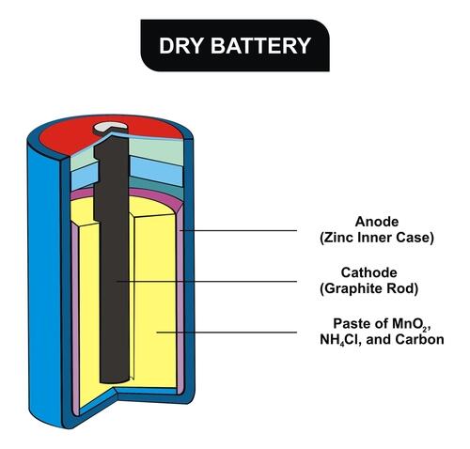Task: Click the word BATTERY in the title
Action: [x=260, y=46]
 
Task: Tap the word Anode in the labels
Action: [x=377, y=222]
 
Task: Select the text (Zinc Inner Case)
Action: [x=377, y=238]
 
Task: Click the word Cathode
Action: [x=369, y=272]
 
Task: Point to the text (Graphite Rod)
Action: [x=369, y=288]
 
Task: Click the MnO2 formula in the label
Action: [x=410, y=324]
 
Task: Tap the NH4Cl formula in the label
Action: [x=340, y=340]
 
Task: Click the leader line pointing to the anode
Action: [x=239, y=231]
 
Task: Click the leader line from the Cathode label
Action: [x=207, y=282]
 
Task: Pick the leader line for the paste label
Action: [x=227, y=333]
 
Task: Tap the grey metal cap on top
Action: [x=111, y=127]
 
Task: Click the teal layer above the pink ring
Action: [x=157, y=185]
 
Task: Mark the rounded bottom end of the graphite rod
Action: [x=114, y=379]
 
